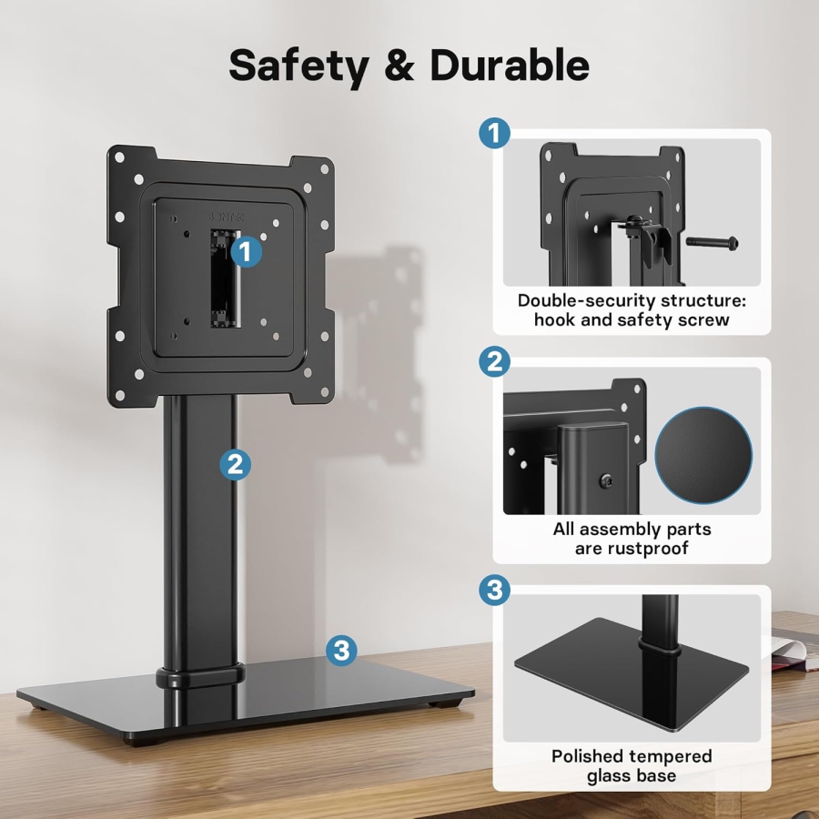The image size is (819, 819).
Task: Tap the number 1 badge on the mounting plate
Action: pos(246,251)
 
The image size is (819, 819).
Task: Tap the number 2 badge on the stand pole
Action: pos(235,465)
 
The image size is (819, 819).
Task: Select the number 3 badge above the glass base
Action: pos(340,650)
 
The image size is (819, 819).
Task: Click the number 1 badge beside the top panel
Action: pos(494,135)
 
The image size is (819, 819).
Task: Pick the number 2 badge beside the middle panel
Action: pos(494,363)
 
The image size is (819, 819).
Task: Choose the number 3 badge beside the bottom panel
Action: pos(494,590)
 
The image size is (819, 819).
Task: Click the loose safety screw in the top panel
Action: pos(712,243)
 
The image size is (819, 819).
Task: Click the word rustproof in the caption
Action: pos(660,549)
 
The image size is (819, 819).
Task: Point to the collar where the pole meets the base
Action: pos(202,676)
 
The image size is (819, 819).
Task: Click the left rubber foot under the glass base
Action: pos(41,703)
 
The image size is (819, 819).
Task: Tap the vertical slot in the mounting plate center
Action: pos(219,278)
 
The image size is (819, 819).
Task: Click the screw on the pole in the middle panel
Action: pos(605,480)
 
